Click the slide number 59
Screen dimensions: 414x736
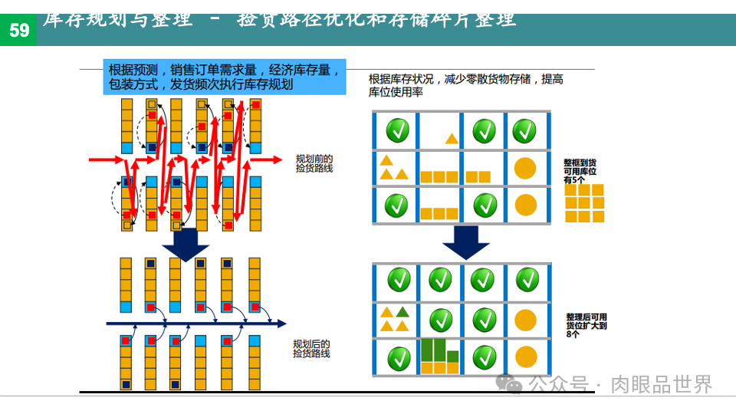pyautogui.click(x=18, y=30)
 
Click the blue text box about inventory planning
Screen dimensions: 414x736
pyautogui.click(x=224, y=77)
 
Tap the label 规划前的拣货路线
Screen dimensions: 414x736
pyautogui.click(x=314, y=163)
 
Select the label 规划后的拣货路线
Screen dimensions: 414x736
pyautogui.click(x=311, y=349)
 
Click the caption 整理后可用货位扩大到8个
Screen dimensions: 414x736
pyautogui.click(x=586, y=326)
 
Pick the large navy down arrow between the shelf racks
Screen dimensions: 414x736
pyautogui.click(x=465, y=242)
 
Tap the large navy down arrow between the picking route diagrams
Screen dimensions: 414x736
pyautogui.click(x=186, y=243)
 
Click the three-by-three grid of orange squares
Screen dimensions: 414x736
pyautogui.click(x=584, y=203)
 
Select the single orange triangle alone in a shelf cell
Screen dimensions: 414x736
pyautogui.click(x=452, y=139)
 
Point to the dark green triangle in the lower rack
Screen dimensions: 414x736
pyautogui.click(x=402, y=312)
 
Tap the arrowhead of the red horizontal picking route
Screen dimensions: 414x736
pyautogui.click(x=277, y=160)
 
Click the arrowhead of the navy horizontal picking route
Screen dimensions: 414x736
pyautogui.click(x=281, y=324)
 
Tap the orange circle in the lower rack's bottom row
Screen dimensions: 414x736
pyautogui.click(x=525, y=356)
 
